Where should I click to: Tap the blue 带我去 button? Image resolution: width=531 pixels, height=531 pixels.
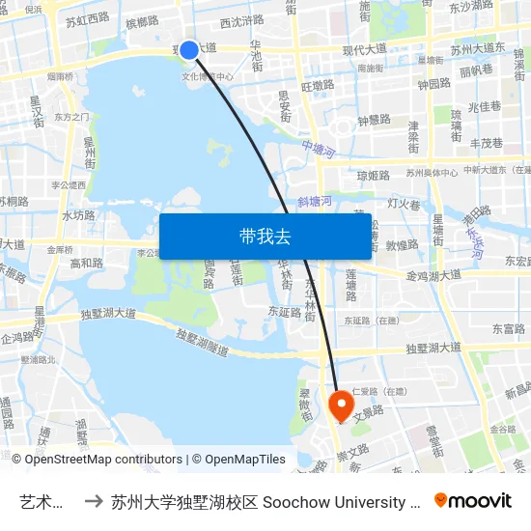click(265, 237)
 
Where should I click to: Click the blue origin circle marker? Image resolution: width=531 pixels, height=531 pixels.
click(189, 49)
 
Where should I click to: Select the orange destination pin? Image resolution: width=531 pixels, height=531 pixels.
click(341, 404)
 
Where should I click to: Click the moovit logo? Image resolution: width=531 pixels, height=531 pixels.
click(473, 501)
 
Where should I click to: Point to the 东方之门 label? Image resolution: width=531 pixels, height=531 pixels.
click(72, 117)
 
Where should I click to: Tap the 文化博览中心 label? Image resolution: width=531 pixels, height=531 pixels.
click(208, 75)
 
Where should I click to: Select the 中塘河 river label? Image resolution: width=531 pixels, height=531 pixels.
click(317, 151)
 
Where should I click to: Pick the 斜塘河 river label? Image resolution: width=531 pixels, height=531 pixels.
click(315, 201)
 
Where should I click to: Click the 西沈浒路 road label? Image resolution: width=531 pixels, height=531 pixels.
click(241, 20)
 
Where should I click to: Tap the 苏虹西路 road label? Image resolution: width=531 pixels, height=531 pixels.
click(88, 19)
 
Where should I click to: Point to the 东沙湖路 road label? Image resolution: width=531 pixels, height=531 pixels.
click(471, 6)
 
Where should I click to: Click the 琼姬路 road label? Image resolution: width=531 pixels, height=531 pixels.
click(374, 177)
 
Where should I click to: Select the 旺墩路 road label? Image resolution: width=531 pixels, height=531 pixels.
click(318, 86)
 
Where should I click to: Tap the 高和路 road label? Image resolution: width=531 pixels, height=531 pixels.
click(87, 263)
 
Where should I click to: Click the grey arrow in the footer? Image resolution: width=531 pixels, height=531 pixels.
click(94, 502)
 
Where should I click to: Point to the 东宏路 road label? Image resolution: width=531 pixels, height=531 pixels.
click(517, 261)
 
